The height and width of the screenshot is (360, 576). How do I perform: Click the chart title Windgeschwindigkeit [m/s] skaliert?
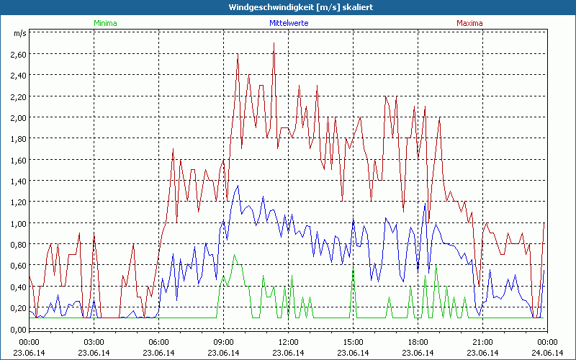coord(289,6)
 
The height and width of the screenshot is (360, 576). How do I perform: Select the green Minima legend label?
coord(105,23)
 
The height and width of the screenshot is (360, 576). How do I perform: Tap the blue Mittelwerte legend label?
coord(289,23)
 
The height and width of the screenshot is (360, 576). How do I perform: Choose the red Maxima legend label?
coord(470,23)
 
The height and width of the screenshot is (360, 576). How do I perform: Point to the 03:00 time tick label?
coord(94,341)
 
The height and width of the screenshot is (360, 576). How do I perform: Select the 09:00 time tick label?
coord(224,341)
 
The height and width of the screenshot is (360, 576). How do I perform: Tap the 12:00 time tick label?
coord(289,341)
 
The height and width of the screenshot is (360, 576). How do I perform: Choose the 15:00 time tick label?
coord(354,341)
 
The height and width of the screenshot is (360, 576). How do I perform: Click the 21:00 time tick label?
coord(483,341)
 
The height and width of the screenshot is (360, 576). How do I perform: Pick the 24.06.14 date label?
coord(546,352)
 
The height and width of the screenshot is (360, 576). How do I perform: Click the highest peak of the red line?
coord(274,44)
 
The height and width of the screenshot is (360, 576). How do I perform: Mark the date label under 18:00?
coord(418,352)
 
